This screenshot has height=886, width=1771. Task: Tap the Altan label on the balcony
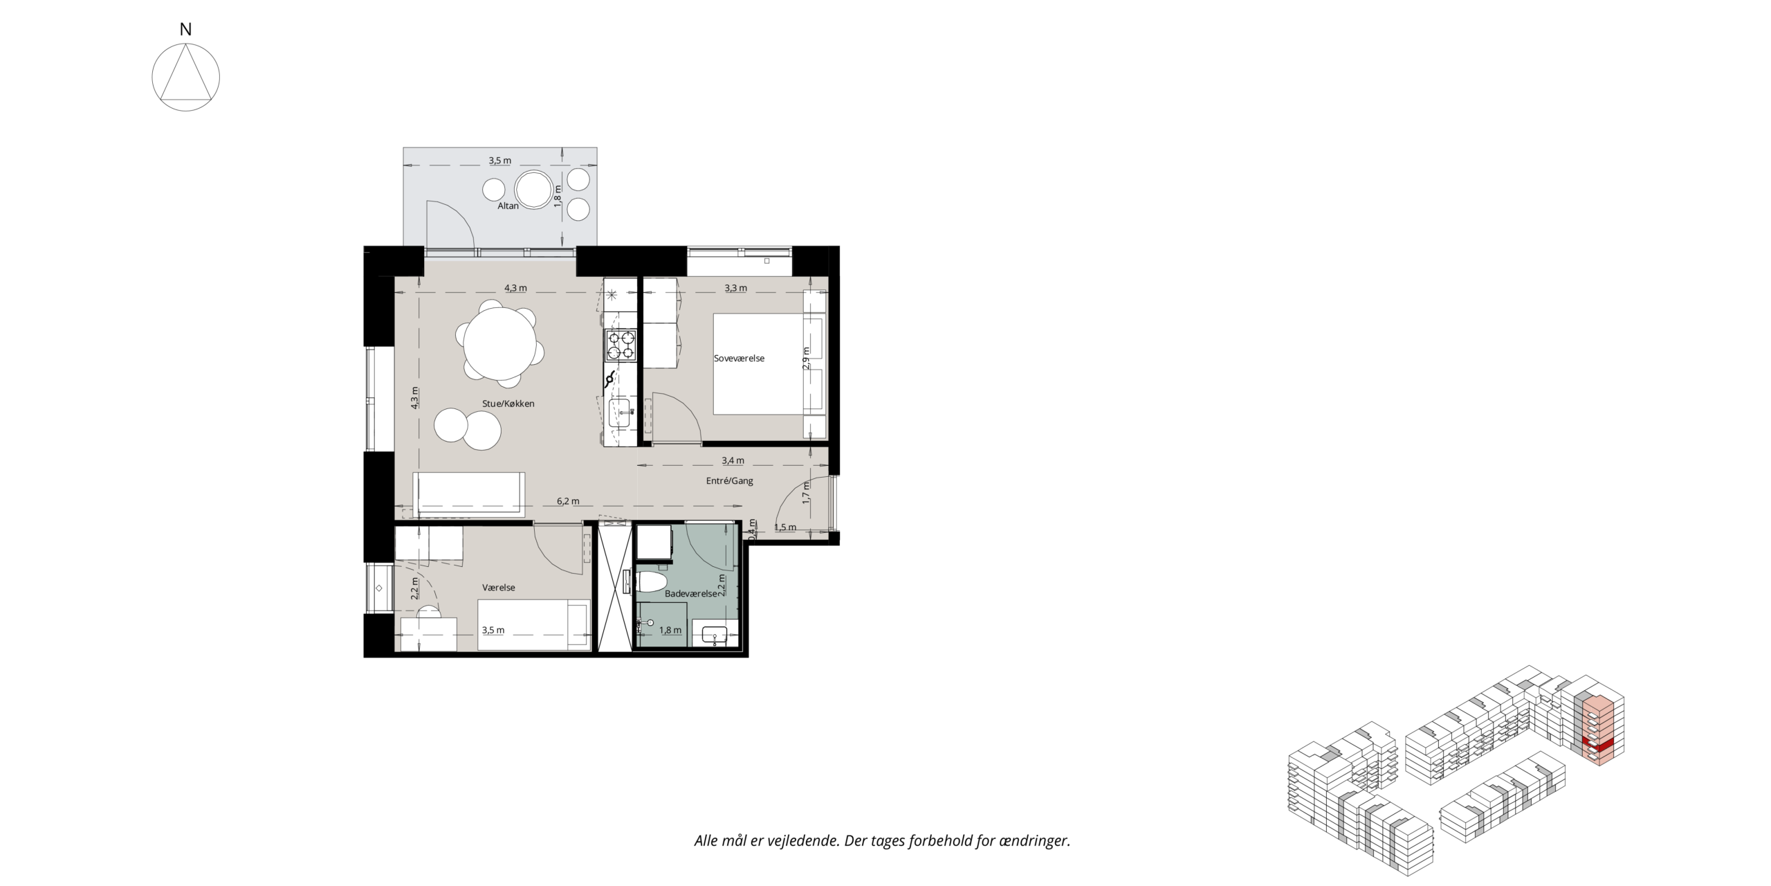point(508,206)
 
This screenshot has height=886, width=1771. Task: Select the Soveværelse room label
point(739,359)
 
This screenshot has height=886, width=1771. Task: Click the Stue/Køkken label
point(508,404)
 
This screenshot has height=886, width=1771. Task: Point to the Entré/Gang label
point(729,481)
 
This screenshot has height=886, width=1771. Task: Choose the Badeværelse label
point(690,594)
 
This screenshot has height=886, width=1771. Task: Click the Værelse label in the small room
point(499,588)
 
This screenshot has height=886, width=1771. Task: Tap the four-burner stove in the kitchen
point(621,345)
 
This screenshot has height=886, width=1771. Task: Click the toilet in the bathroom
point(650,582)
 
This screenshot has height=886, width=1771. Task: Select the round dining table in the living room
point(500,343)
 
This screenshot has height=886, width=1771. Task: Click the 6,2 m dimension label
point(568,501)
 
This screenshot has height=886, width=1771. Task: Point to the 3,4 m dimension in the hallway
point(733,460)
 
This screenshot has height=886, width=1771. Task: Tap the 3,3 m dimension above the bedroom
point(735,288)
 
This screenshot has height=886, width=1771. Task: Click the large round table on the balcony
point(533,189)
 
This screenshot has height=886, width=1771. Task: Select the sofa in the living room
point(468,494)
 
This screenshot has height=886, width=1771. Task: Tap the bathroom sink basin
point(714,633)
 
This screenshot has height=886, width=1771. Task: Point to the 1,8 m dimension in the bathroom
point(670,631)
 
